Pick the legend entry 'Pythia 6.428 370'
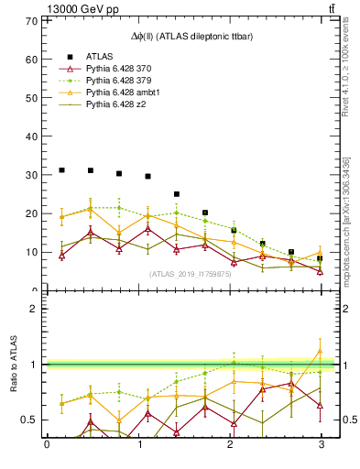pos(120,69)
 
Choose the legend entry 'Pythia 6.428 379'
pos(120,81)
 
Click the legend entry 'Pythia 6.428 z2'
pos(117,104)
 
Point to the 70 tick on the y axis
pos(34,20)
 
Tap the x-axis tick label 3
pos(321,445)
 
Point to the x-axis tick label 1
pos(138,445)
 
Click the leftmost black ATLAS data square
pos(61,170)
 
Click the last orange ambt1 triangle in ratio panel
pos(321,351)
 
